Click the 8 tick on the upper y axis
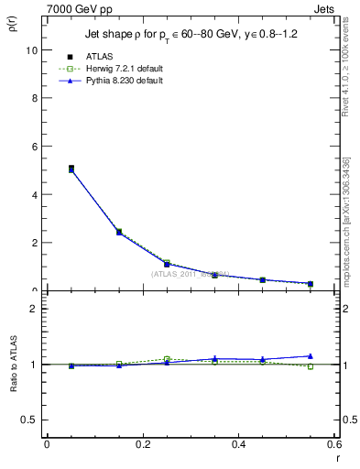click(34, 98)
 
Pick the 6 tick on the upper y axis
click(34, 147)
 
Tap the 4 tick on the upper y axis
click(34, 195)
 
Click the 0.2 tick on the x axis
click(142, 444)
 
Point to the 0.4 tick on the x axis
click(238, 444)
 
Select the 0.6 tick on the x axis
click(334, 444)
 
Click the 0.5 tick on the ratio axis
click(30, 420)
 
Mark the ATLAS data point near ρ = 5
click(71, 169)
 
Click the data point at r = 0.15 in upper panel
click(119, 233)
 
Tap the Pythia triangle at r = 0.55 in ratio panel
click(311, 355)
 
